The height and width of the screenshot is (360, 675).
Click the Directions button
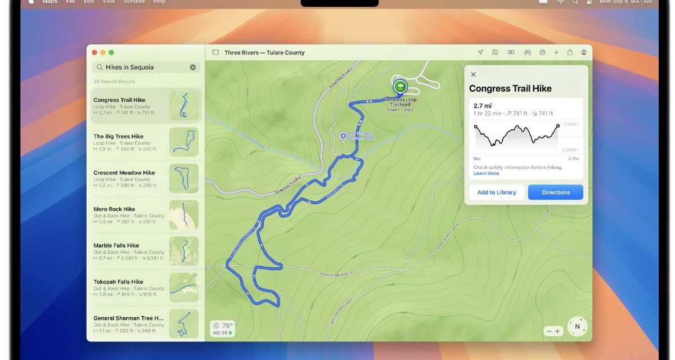[555, 192]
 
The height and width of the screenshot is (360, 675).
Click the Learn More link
[486, 173]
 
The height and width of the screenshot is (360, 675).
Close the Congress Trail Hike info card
[473, 74]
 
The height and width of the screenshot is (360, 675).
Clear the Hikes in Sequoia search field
[193, 67]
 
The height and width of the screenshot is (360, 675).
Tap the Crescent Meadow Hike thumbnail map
[184, 178]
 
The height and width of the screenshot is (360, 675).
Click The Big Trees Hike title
[118, 136]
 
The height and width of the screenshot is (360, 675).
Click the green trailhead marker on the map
[400, 86]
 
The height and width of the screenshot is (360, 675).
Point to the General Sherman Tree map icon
[343, 136]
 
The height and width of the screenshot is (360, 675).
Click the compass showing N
[577, 326]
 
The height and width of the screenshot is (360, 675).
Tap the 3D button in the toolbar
[511, 52]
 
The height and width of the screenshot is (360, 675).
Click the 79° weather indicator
[222, 326]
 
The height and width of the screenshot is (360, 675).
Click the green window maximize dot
[111, 52]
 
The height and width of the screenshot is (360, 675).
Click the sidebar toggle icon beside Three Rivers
[215, 52]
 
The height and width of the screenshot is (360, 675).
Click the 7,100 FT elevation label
[569, 124]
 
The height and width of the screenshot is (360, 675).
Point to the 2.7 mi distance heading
[483, 106]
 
